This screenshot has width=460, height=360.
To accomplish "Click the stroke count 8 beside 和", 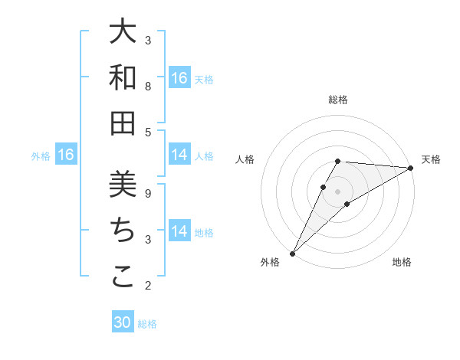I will [x=148, y=87].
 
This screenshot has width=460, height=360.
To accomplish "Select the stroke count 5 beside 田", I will [x=148, y=132].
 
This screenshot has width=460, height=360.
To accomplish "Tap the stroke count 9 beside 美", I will [x=148, y=194].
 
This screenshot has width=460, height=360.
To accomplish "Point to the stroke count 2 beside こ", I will [x=148, y=286].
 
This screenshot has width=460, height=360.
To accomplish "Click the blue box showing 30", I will [x=123, y=322].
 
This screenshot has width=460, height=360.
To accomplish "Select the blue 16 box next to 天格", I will [x=179, y=78].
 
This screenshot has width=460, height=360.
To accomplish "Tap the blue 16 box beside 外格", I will [x=66, y=155].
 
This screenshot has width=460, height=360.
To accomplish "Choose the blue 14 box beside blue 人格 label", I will [x=179, y=155].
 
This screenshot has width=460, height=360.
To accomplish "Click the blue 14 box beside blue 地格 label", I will [x=179, y=231].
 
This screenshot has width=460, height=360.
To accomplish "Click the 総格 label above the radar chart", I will [x=338, y=100].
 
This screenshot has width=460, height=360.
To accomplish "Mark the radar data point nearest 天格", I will [x=411, y=169].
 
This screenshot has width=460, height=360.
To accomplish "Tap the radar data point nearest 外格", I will [x=292, y=253].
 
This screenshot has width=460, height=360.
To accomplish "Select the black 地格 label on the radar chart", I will [x=402, y=263].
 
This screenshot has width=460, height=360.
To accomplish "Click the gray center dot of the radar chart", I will [x=338, y=191].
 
